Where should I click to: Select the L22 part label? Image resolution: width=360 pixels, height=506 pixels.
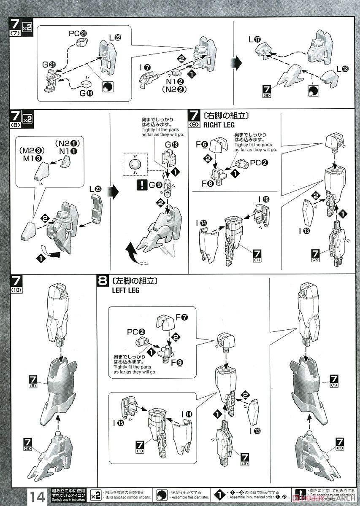click(x=115, y=38)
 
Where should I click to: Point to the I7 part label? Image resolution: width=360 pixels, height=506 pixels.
click(x=146, y=67)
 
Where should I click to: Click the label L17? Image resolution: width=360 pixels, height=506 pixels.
click(x=254, y=40)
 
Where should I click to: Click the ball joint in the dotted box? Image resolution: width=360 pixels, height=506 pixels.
click(x=134, y=164)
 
